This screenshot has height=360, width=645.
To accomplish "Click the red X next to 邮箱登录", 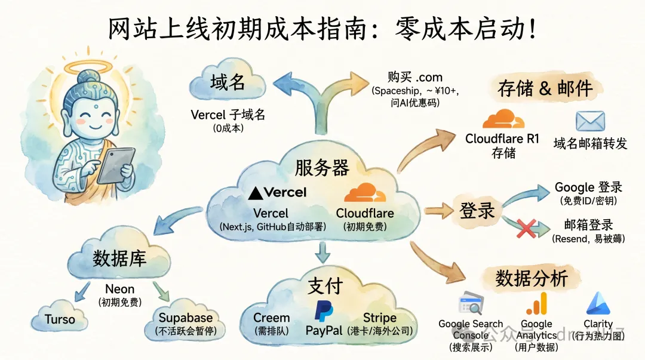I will [526, 227].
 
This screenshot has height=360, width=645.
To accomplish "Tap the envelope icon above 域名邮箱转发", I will [590, 121].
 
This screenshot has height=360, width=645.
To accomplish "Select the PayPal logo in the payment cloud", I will [324, 311].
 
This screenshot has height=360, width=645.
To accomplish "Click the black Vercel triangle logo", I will [256, 192].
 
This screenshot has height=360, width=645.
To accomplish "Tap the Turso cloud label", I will [60, 320].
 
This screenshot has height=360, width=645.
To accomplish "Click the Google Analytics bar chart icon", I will [536, 304].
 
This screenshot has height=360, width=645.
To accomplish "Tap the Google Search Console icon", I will [470, 305].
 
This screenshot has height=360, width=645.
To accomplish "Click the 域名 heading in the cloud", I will [228, 82].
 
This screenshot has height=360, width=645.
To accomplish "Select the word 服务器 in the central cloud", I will [322, 168].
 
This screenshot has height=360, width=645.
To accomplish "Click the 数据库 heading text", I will [119, 259].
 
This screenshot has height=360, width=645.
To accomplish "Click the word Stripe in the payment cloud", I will [380, 318].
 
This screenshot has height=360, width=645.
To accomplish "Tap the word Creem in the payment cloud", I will [271, 318].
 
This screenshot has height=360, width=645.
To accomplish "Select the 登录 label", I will [477, 210].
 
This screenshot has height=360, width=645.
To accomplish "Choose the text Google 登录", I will [588, 187].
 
